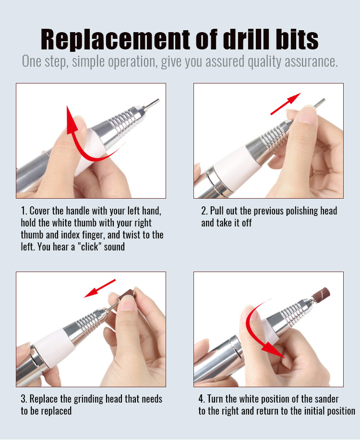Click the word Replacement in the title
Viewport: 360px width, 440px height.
tap(115, 39)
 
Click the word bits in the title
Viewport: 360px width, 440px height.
tap(297, 39)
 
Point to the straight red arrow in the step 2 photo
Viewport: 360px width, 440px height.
tap(285, 104)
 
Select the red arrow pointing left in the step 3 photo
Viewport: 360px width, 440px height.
tap(100, 288)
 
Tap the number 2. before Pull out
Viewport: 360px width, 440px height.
tap(204, 211)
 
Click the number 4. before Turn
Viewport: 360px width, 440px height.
tap(202, 399)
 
